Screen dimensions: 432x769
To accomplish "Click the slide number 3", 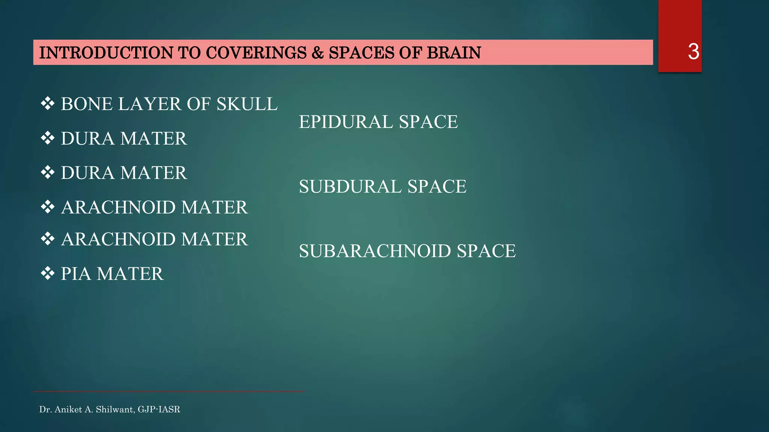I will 693,52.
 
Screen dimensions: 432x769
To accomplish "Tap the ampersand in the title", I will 317,53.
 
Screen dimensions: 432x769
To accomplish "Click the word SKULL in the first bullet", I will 247,104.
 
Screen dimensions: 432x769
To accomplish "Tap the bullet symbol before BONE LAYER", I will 48,104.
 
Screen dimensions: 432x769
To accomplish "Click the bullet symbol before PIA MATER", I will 48,274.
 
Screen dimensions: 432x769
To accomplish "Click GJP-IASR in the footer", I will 159,409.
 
